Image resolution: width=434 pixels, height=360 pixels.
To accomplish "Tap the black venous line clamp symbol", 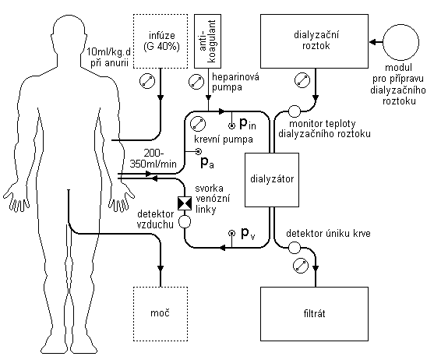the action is pos(185,203).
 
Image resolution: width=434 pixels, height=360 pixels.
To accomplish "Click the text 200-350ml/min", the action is pos(153,158).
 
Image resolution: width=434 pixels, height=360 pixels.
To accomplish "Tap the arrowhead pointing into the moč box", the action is pos(161,268).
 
